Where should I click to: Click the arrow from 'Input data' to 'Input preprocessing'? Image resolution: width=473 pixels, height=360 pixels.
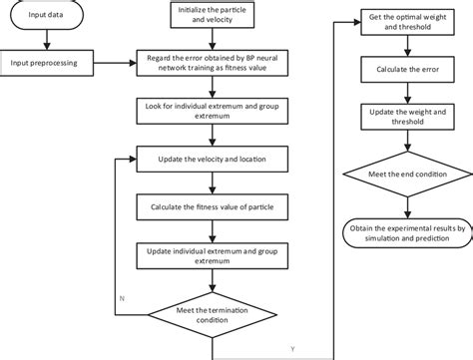[47, 41]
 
